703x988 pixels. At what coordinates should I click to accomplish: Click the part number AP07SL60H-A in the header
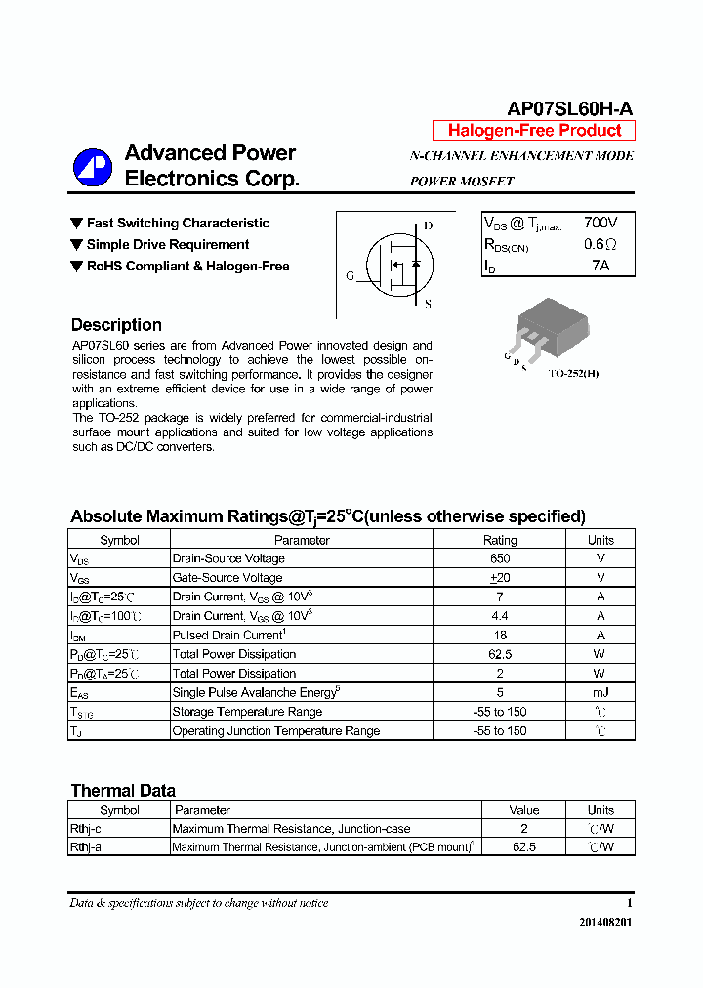[570, 109]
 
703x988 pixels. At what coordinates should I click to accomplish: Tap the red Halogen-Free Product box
[534, 131]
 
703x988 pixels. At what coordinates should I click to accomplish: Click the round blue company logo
[93, 167]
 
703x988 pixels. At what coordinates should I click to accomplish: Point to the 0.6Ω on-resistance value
[600, 245]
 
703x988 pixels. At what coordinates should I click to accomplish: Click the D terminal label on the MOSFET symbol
[428, 226]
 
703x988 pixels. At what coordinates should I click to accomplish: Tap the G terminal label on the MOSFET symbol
[350, 276]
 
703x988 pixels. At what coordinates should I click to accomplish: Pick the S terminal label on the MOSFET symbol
[428, 304]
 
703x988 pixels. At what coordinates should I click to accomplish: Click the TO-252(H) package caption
[573, 374]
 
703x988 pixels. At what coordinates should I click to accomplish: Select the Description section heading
[116, 325]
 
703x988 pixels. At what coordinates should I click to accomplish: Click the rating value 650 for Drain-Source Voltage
[500, 558]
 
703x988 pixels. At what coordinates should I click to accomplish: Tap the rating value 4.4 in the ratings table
[500, 616]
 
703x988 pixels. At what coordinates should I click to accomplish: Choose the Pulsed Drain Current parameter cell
[227, 636]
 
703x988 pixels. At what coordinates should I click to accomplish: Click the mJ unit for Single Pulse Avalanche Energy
[600, 693]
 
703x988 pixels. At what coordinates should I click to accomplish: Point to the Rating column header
[500, 540]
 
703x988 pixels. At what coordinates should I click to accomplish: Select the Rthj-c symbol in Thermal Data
[86, 829]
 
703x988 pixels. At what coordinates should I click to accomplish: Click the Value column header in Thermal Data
[523, 810]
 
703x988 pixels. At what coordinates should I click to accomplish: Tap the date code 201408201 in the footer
[604, 923]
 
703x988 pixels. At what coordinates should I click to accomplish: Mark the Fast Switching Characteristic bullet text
[178, 224]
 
